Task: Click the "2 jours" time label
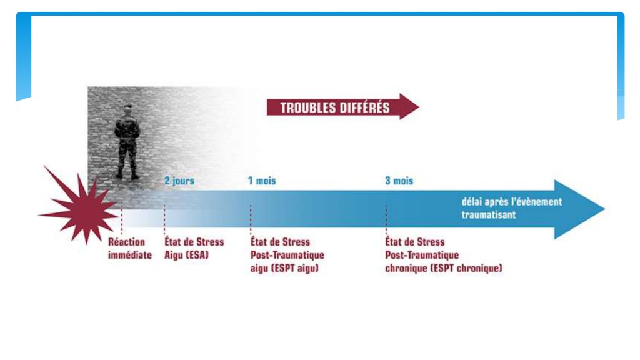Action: coord(179,181)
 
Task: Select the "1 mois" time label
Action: coord(262,181)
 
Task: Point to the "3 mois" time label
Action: coord(399,181)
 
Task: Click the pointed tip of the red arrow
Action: coord(419,106)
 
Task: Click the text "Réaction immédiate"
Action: coord(130,248)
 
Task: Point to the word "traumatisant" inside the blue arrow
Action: coord(489,215)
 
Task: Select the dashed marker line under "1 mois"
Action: coord(251,219)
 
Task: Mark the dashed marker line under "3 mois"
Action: coord(386,219)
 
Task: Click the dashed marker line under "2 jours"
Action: coord(164,219)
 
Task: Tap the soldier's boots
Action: coord(127,175)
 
